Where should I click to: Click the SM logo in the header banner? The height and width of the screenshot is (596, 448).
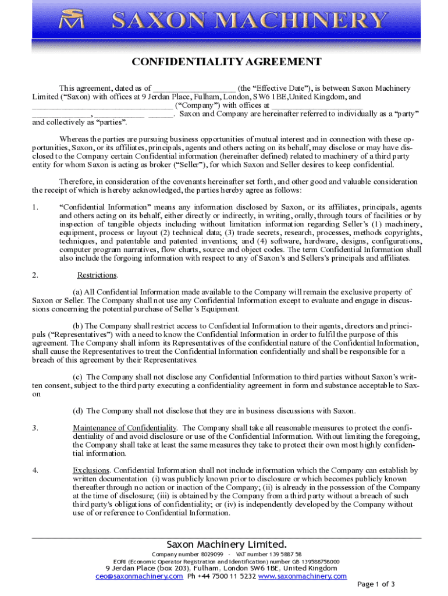coord(73,22)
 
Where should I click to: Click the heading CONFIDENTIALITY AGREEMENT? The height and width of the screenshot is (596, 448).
coord(226,62)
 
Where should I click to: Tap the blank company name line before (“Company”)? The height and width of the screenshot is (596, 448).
coord(102,105)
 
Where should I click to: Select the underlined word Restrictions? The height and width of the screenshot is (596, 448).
coord(98,275)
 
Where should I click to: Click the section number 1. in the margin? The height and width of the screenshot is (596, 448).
coord(35,207)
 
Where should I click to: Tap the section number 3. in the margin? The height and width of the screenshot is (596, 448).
coord(35,428)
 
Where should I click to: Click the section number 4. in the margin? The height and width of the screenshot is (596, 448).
coord(35,470)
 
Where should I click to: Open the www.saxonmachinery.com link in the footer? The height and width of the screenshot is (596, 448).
coord(302,576)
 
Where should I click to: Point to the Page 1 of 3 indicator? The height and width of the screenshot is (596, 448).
coord(376,584)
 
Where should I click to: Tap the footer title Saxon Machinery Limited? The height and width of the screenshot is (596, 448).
coord(227,544)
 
